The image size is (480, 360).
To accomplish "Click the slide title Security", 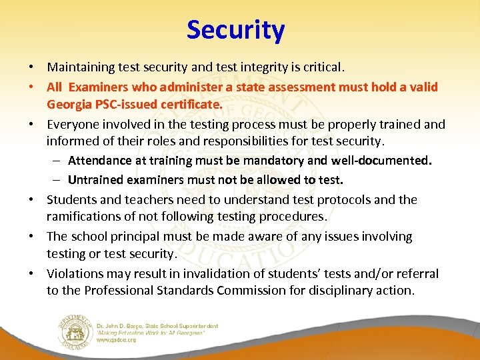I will [x=235, y=30].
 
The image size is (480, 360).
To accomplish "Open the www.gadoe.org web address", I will [x=116, y=340].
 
